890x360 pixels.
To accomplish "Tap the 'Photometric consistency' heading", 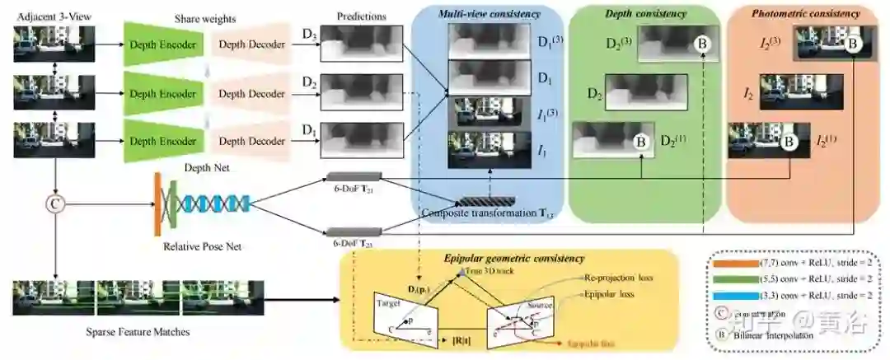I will point(806,14).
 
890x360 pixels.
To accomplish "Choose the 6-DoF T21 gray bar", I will point(354,176).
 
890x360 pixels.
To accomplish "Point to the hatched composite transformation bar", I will point(487,201).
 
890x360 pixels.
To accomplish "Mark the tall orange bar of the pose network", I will point(157,202).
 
